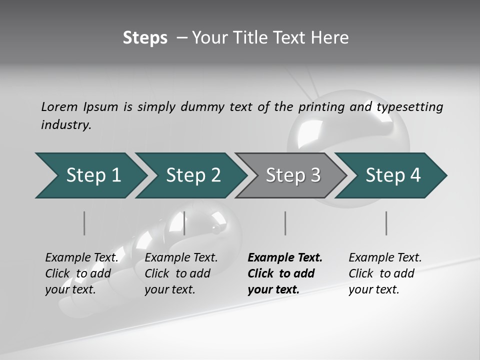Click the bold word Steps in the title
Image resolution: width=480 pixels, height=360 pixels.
(145, 38)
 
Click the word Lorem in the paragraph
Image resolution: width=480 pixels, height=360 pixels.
(59, 107)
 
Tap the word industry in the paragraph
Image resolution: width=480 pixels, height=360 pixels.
(65, 125)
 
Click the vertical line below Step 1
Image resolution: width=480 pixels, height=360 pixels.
(84, 223)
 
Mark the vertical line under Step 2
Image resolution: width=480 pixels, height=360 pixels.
(185, 223)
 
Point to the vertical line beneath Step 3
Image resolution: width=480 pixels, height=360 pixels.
(285, 223)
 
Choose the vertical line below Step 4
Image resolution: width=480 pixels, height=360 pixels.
(386, 223)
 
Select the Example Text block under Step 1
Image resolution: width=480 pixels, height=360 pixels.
(81, 273)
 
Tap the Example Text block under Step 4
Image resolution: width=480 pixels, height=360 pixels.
(385, 273)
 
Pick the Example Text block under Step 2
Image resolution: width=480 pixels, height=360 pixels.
(181, 273)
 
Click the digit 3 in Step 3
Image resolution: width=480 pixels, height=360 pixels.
(315, 175)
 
